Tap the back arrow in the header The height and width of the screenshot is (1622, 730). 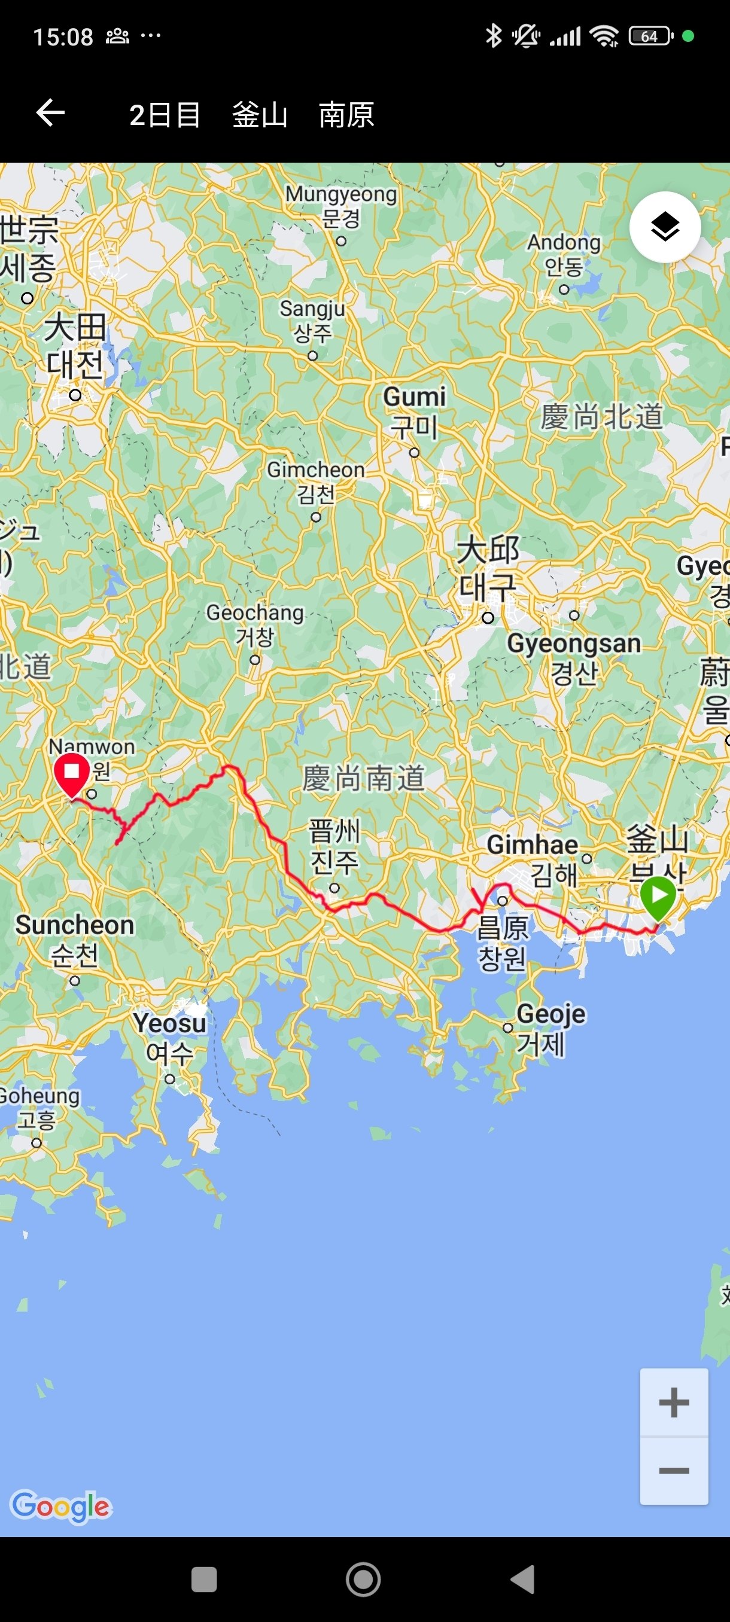50,114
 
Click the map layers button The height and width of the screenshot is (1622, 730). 665,227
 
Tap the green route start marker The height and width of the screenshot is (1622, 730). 658,895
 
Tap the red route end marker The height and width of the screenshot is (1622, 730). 72,773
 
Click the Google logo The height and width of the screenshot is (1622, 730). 60,1506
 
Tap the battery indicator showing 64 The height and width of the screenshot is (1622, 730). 650,36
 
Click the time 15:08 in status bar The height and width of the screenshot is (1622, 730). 63,37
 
